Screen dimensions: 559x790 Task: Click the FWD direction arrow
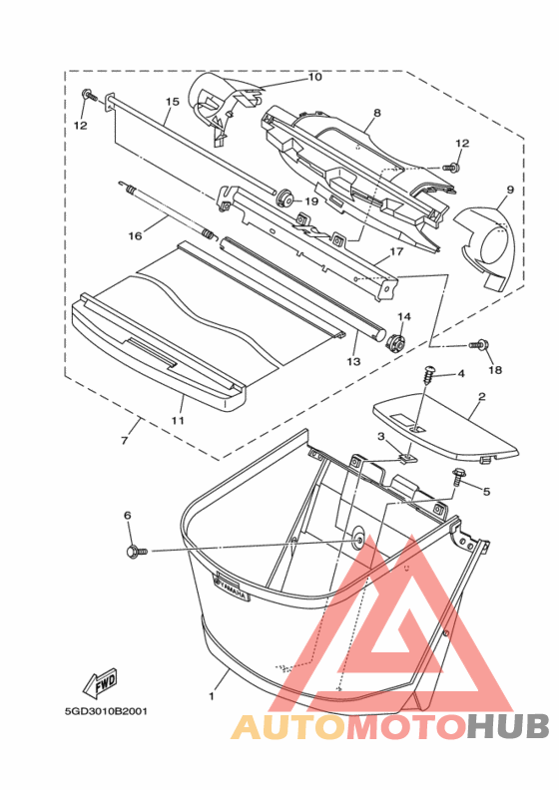tap(100, 682)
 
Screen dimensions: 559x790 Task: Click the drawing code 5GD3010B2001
tap(106, 712)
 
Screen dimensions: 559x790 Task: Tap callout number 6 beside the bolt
tap(128, 515)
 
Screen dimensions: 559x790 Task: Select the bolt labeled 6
tap(136, 551)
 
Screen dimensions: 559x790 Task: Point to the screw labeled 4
tap(430, 374)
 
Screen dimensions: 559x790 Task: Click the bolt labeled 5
tap(458, 476)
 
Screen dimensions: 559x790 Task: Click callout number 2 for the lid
tap(482, 397)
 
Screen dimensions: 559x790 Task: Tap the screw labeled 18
tap(478, 345)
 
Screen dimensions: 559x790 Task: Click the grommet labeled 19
tap(286, 197)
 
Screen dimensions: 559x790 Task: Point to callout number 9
tap(510, 190)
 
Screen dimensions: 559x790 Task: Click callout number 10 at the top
tap(314, 77)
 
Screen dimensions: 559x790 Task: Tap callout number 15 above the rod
tap(173, 102)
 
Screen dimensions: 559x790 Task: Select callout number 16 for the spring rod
tap(135, 235)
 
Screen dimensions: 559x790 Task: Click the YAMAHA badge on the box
tap(232, 588)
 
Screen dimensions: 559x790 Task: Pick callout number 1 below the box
tap(212, 696)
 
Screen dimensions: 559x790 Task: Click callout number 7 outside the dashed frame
tap(125, 440)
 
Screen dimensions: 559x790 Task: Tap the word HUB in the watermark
tap(507, 727)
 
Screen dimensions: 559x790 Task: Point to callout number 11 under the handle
tap(178, 419)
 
